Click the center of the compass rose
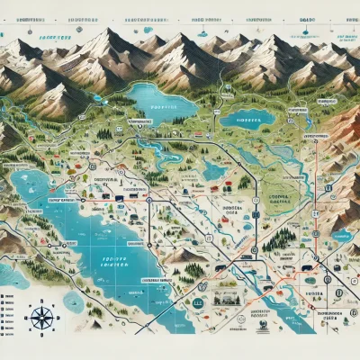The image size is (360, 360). point(40,317)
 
